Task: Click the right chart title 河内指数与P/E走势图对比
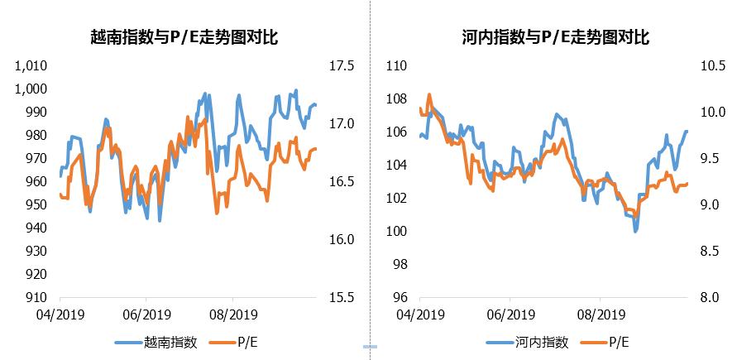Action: click(555, 37)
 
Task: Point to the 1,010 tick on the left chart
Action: click(33, 66)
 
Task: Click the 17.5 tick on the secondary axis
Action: click(341, 66)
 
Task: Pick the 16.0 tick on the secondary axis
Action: click(341, 239)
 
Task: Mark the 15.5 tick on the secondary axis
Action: click(341, 297)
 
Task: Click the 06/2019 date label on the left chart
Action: click(146, 314)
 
